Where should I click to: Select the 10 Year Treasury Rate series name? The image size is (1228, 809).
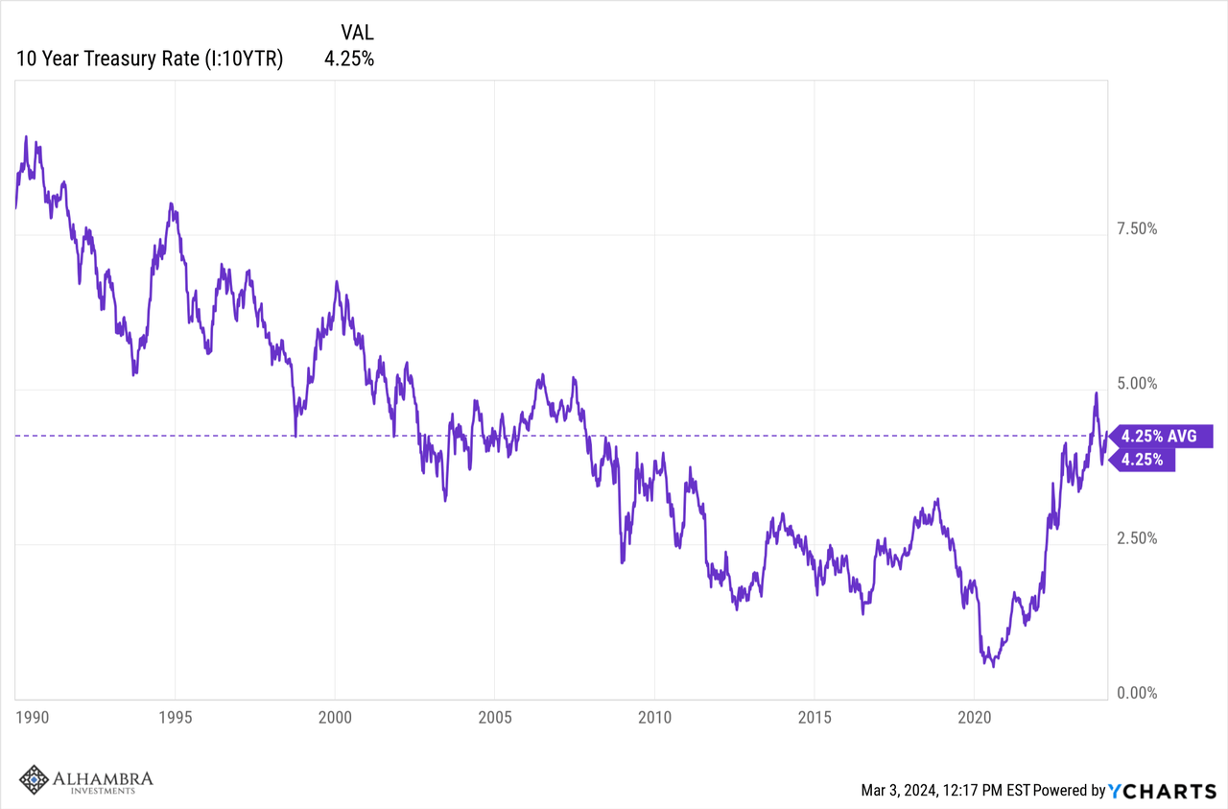tap(149, 59)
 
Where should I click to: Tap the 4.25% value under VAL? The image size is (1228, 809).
tap(349, 59)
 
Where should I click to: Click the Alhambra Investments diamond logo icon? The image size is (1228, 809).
tap(35, 780)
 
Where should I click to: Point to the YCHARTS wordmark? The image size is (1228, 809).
tap(1163, 791)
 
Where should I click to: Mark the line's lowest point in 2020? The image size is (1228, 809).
tap(993, 666)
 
